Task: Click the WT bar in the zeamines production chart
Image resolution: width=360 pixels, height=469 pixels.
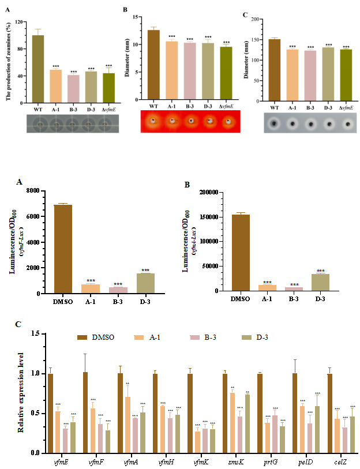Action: point(38,69)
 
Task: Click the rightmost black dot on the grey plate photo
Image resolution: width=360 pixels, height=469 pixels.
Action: point(347,123)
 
